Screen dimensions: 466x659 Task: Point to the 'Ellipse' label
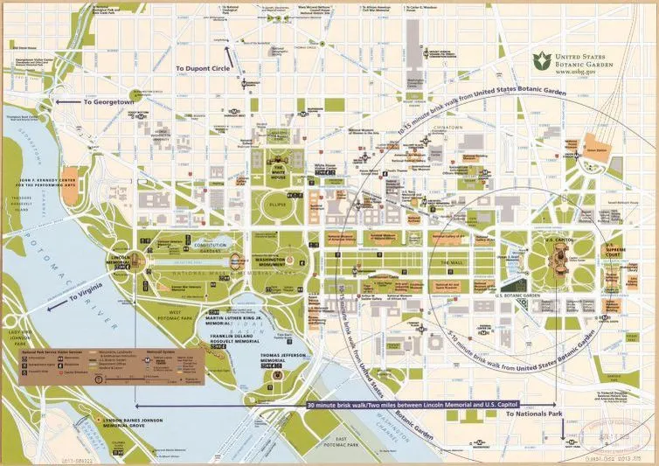(x=277, y=205)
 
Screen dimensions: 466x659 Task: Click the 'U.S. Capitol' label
(x=557, y=238)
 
